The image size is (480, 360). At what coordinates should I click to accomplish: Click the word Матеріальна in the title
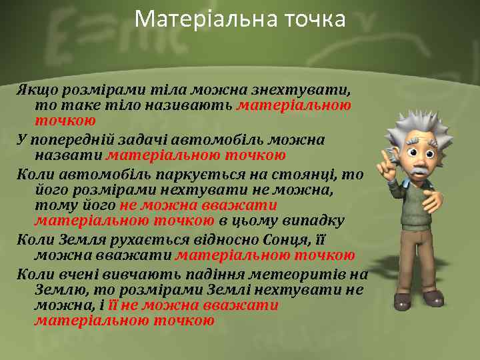[190, 19]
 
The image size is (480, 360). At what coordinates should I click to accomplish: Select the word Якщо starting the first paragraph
[37, 89]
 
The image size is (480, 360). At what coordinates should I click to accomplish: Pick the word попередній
[73, 140]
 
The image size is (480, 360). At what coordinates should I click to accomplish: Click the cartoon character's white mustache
[419, 171]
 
